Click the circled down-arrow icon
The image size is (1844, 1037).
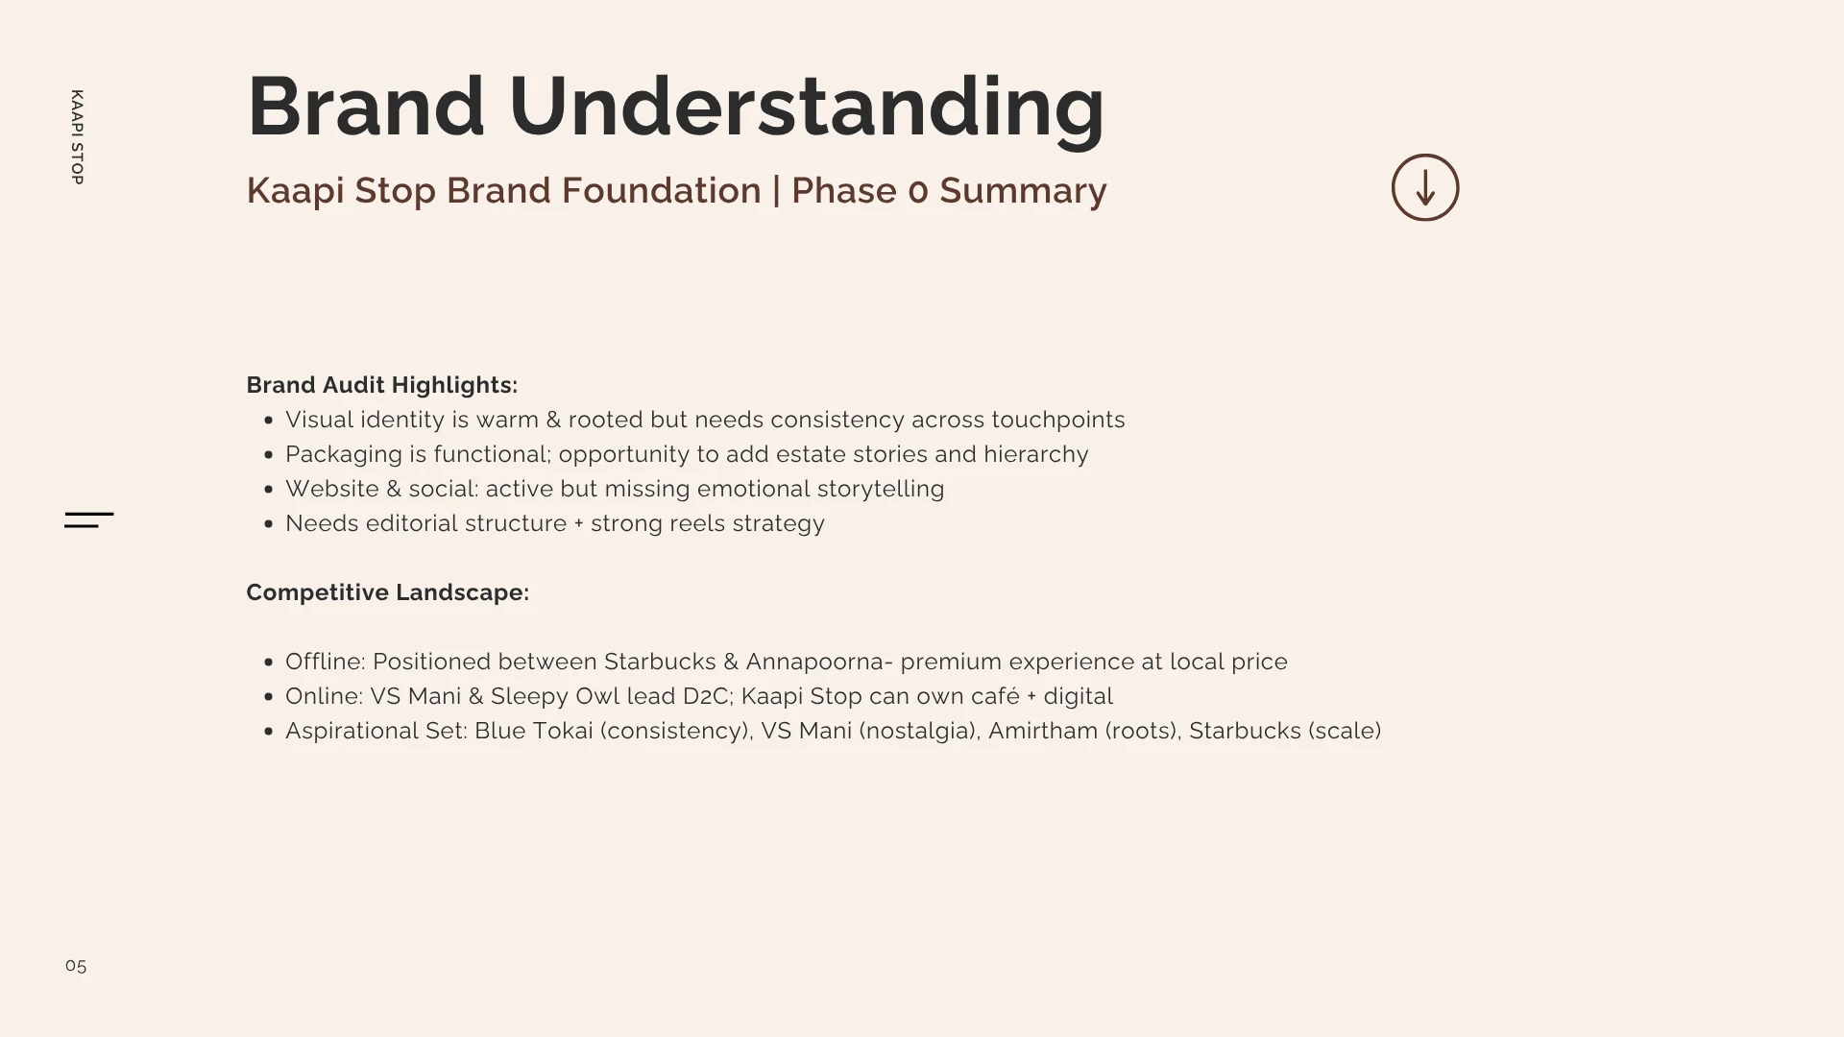[x=1425, y=187]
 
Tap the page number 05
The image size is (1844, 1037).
[x=76, y=966]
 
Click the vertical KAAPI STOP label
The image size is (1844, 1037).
[x=77, y=137]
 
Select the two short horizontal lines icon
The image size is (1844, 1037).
[x=89, y=519]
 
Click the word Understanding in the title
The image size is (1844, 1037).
[x=807, y=108]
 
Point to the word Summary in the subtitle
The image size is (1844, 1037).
[x=1023, y=191]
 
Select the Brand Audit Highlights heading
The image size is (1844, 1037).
[x=382, y=385]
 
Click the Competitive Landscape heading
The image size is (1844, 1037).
[x=388, y=592]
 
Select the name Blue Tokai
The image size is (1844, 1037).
[x=534, y=731]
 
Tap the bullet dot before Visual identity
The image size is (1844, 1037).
[x=268, y=421]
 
